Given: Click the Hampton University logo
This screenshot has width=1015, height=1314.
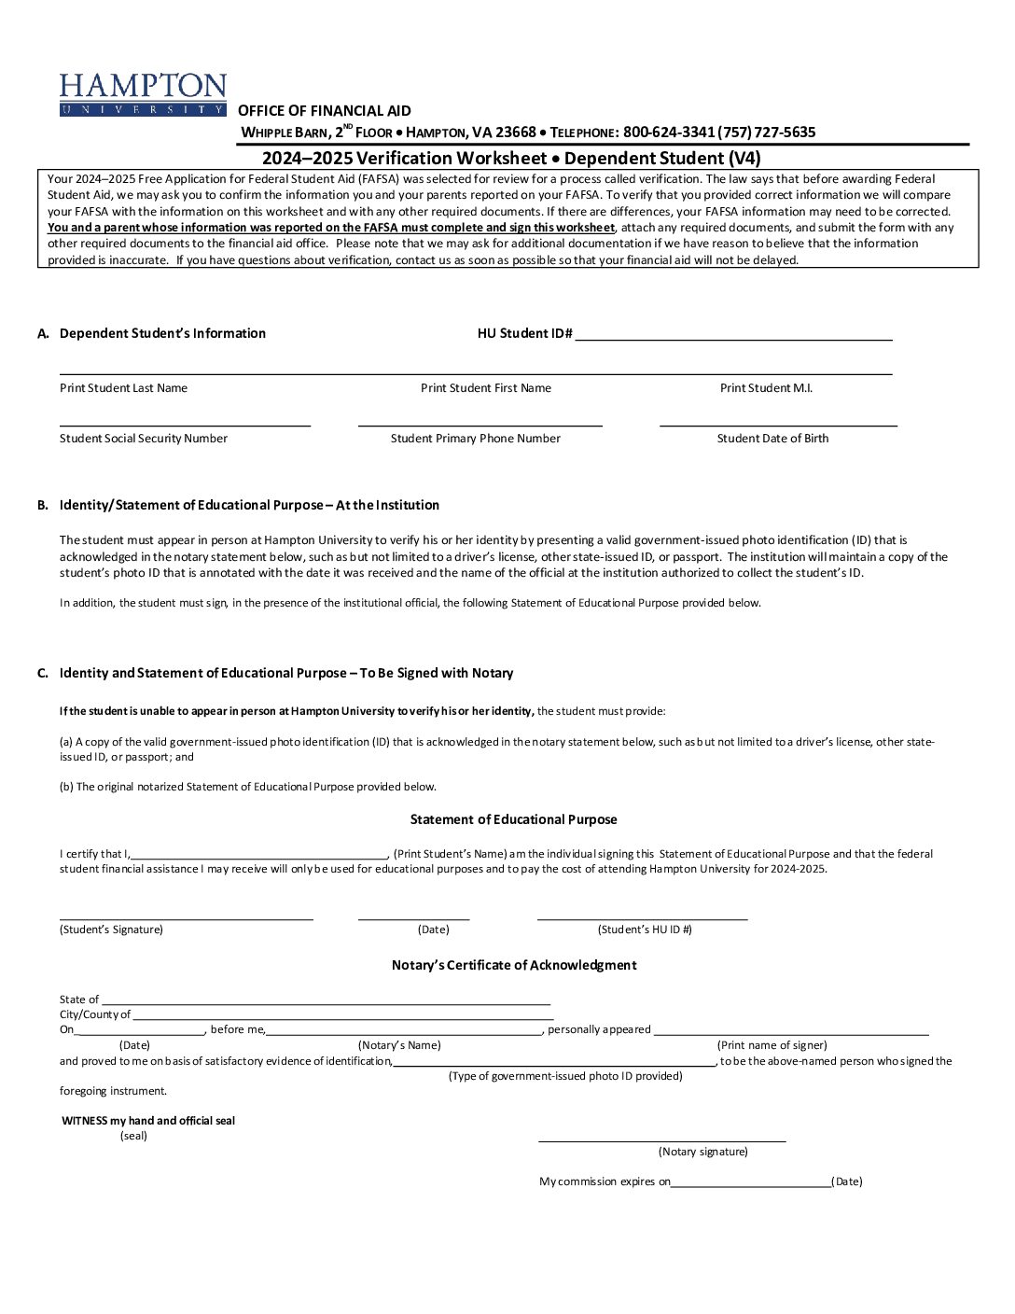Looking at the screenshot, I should pyautogui.click(x=143, y=94).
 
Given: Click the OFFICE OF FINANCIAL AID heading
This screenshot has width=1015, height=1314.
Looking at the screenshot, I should pyautogui.click(x=324, y=111).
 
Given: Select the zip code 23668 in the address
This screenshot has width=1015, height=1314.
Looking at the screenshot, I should pyautogui.click(x=515, y=133).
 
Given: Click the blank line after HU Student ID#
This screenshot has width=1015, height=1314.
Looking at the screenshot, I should pyautogui.click(x=733, y=338).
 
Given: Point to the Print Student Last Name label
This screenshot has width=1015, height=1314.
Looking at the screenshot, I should pyautogui.click(x=123, y=388).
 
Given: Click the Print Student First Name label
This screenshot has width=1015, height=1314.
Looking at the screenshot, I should pyautogui.click(x=485, y=388).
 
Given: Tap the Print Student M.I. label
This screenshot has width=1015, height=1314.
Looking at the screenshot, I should pyautogui.click(x=766, y=388).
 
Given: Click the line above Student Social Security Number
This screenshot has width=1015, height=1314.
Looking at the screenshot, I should pyautogui.click(x=185, y=425).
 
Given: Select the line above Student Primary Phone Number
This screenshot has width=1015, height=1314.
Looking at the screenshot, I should pyautogui.click(x=480, y=425).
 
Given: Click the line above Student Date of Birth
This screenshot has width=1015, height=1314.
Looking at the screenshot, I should pyautogui.click(x=778, y=425).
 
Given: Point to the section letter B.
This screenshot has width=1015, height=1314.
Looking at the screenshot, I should pyautogui.click(x=43, y=505).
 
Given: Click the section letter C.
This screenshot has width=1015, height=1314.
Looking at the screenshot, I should pyautogui.click(x=43, y=673).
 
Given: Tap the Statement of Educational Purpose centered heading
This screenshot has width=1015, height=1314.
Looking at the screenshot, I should pyautogui.click(x=513, y=819).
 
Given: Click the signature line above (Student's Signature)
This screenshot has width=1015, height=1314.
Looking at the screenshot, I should pyautogui.click(x=186, y=918).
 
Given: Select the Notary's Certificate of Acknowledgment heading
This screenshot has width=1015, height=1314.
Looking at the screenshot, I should pyautogui.click(x=513, y=965).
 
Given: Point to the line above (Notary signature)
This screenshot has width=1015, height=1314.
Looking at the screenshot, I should pyautogui.click(x=661, y=1139).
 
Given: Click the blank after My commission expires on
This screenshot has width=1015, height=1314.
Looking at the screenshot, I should pyautogui.click(x=750, y=1185).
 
